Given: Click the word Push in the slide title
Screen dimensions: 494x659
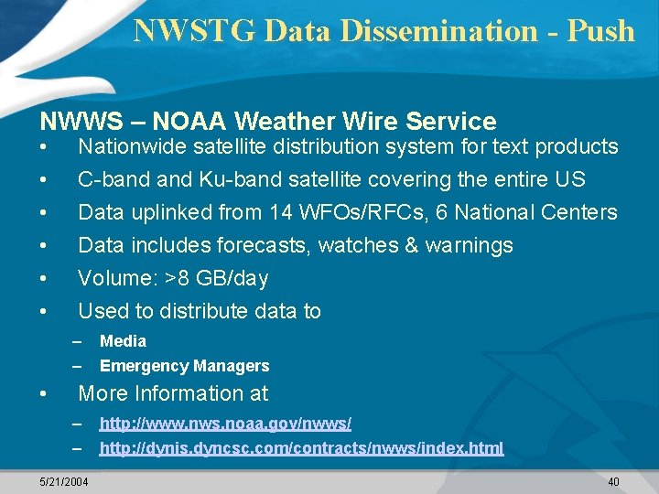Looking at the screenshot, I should click(600, 31).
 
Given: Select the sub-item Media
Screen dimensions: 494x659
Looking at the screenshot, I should click(123, 341).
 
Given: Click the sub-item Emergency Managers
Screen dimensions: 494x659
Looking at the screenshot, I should click(184, 366).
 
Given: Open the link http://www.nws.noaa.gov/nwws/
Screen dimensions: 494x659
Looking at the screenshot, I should click(225, 424).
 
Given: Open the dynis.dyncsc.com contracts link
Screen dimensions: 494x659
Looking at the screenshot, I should click(301, 448).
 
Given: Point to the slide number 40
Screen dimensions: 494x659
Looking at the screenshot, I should click(612, 481).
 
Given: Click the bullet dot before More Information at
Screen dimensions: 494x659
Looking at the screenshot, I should click(44, 394).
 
